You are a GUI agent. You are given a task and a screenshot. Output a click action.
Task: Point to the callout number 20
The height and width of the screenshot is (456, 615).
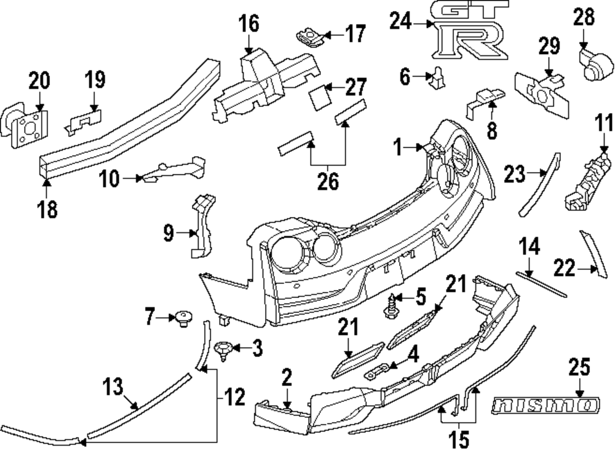[x=39, y=81]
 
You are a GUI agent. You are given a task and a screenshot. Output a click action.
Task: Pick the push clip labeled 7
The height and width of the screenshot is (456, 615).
[x=182, y=318]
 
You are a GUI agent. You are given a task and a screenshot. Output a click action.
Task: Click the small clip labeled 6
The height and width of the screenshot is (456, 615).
[x=438, y=77]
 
